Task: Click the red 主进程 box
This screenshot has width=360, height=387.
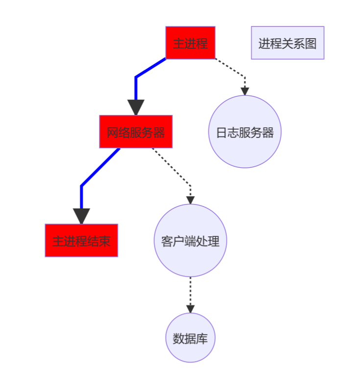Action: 190,43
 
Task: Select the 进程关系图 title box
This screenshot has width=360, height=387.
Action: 288,43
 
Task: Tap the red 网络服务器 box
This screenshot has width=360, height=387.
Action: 136,132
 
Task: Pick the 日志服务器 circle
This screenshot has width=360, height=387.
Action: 244,132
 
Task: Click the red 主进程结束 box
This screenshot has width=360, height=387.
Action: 81,240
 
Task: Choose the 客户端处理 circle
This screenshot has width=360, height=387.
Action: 190,240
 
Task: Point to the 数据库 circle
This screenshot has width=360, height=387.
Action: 190,338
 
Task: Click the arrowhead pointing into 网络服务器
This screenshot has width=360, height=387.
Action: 136,107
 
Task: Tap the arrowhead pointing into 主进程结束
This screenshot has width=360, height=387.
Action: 81,216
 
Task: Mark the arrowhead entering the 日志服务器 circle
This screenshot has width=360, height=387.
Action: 244,91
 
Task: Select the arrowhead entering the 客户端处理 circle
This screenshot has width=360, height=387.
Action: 190,200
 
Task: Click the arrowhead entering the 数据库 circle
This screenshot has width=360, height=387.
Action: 190,309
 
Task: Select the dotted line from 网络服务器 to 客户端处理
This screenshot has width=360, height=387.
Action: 171,166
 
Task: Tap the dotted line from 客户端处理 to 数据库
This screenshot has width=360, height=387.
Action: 190,291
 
